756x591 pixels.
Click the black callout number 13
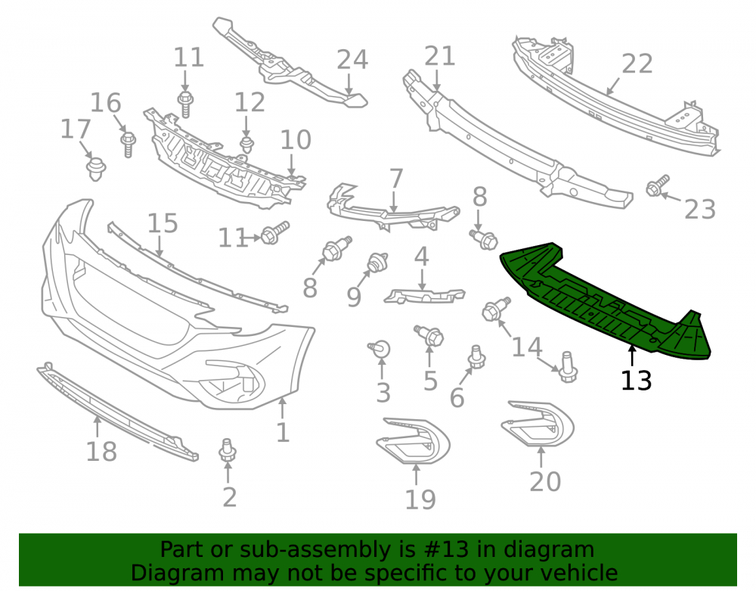pos(636,381)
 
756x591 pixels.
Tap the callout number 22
pos(637,64)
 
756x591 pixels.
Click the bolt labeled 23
pos(657,185)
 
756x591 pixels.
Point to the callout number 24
pos(352,60)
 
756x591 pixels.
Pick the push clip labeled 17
pos(96,169)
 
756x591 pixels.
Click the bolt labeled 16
pos(128,145)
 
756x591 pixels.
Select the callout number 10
pos(296,140)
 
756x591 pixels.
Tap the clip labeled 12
pos(247,145)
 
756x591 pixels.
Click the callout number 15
pos(163,223)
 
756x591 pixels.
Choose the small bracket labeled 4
pos(424,295)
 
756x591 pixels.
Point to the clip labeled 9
pos(378,262)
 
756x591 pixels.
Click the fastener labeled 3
pos(380,349)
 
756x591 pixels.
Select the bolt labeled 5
pos(429,335)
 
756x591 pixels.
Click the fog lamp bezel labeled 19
pos(413,440)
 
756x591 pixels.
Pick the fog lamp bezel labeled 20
pos(538,423)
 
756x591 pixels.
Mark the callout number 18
pos(101,452)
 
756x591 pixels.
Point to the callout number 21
pos(440,56)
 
